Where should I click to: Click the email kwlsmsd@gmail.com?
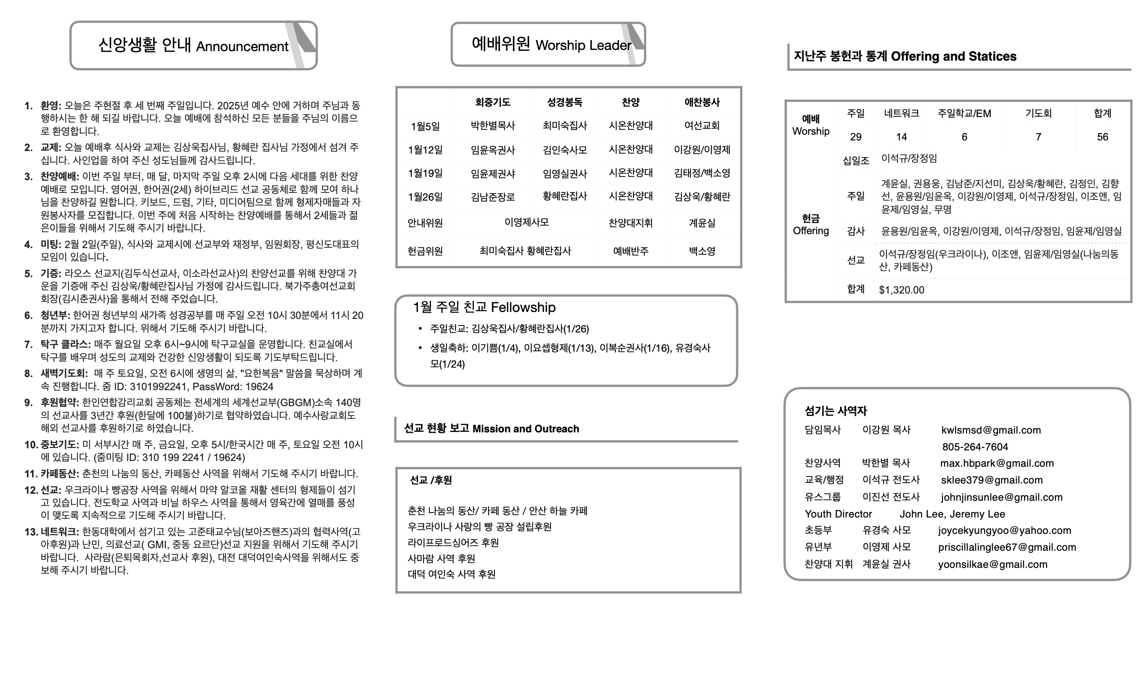click(990, 430)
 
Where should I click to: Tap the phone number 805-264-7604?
click(975, 447)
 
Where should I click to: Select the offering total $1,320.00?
click(901, 290)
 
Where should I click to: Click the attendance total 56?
click(1102, 137)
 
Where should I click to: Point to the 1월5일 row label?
click(425, 126)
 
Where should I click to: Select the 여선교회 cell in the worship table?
click(702, 126)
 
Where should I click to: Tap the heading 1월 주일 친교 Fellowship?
click(484, 307)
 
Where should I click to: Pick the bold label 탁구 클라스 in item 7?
click(65, 344)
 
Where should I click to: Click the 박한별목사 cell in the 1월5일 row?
click(492, 126)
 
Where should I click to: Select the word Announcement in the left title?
click(242, 47)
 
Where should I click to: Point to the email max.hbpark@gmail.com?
click(997, 463)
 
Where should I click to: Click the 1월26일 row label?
click(425, 197)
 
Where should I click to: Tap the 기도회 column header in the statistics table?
click(1038, 113)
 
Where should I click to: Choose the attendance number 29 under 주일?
click(855, 137)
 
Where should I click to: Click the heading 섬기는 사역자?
click(836, 411)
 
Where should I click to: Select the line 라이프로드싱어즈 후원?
click(453, 542)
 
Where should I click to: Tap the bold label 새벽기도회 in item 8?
click(64, 373)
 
